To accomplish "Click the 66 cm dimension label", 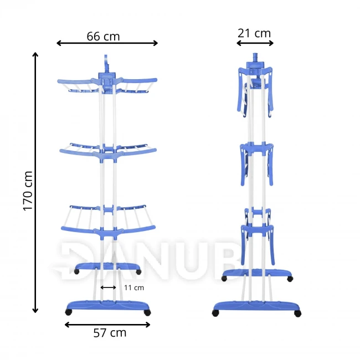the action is pos(103,36).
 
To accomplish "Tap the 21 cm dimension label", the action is pos(254,33).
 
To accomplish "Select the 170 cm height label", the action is pos(28,191).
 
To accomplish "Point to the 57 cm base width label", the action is pos(110,332).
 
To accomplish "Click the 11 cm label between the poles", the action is pos(134,287).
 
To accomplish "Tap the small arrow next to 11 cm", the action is pos(109,287).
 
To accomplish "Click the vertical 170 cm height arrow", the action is pos(35,183).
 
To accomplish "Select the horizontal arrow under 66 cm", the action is pos(107,43).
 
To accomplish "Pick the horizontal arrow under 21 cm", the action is pos(255,43).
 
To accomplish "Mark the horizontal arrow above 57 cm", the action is pos(107,325).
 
